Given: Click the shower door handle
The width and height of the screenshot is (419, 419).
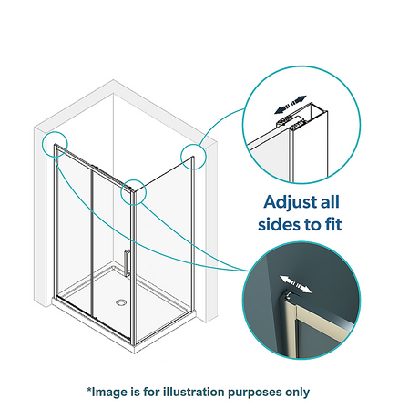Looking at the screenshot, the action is (x=127, y=263).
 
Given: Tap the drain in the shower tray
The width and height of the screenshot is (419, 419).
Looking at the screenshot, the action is (x=121, y=302).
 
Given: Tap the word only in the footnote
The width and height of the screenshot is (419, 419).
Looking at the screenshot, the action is (x=297, y=393).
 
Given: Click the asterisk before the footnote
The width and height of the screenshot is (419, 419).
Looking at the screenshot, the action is (x=89, y=390).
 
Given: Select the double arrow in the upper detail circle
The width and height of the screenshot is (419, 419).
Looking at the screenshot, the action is (x=291, y=105).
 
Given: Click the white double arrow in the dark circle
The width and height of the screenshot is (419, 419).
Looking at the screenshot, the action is (x=295, y=285).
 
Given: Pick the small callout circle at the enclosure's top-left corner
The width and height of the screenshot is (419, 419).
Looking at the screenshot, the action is (x=55, y=144).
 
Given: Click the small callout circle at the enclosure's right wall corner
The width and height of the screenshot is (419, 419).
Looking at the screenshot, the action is (x=193, y=157).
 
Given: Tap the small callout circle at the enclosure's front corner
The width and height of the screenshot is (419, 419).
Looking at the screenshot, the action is (x=133, y=192).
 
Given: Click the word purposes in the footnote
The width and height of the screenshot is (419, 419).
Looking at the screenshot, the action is (x=255, y=393).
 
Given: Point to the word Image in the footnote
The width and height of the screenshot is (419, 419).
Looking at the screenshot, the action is (x=110, y=393).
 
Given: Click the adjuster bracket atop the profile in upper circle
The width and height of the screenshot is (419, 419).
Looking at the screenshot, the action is (x=290, y=121).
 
